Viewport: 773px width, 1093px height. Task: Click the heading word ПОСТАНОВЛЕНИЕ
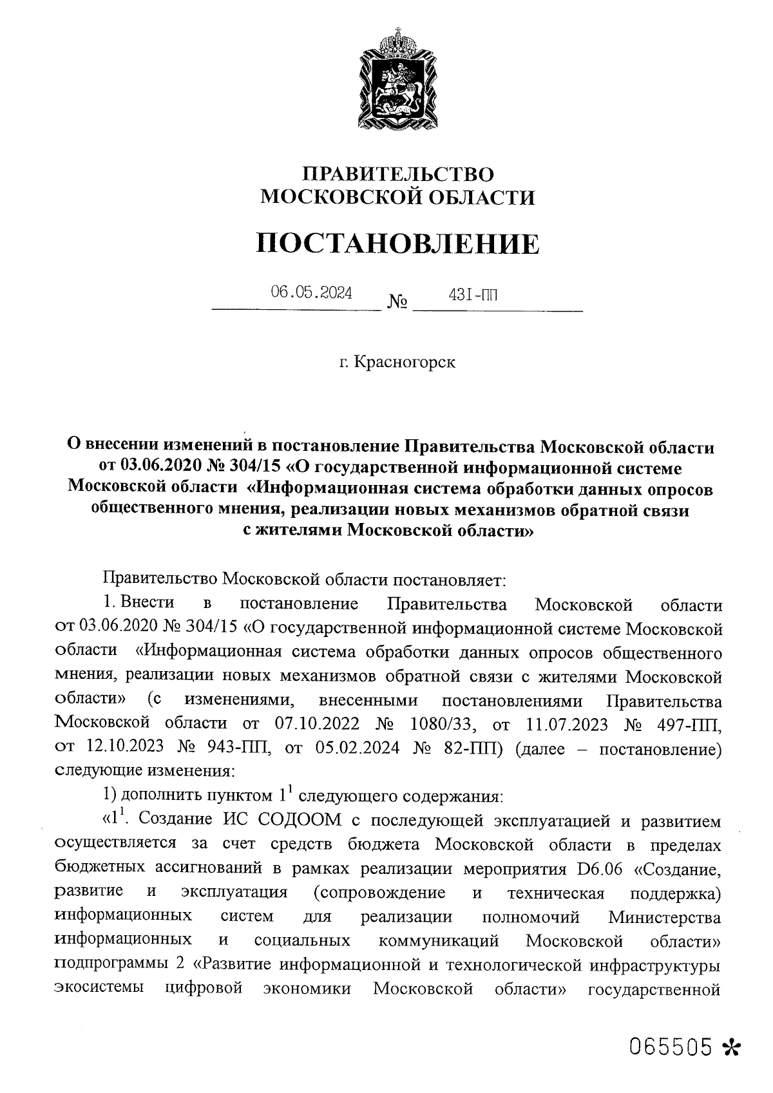(397, 243)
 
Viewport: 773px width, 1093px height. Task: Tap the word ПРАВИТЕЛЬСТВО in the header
(397, 174)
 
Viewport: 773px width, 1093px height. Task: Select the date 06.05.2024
(311, 293)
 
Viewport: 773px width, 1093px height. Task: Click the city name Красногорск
(397, 363)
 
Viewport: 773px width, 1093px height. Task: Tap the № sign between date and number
(397, 301)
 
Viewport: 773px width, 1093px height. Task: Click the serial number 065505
(672, 1045)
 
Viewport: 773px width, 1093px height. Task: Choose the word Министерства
(665, 917)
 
